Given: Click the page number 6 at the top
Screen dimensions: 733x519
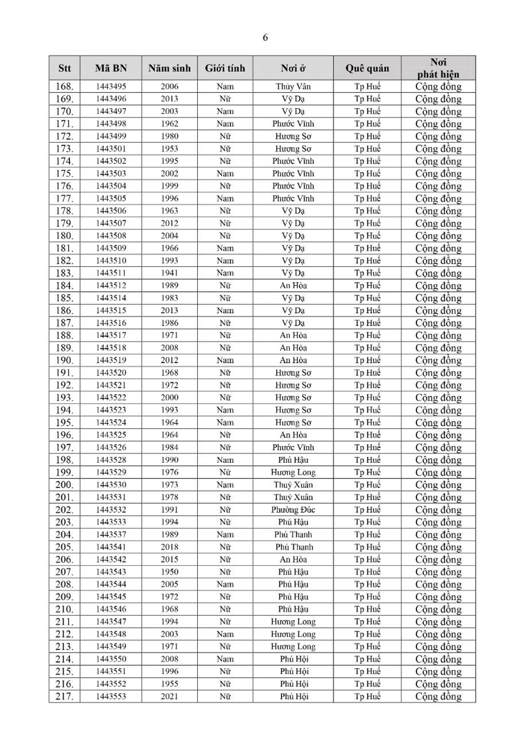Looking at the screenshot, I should click(x=265, y=37).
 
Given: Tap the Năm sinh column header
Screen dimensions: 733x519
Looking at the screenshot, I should click(x=169, y=68).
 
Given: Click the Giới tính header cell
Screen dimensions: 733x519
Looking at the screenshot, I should click(x=225, y=68).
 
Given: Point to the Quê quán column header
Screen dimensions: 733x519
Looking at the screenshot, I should click(x=367, y=68).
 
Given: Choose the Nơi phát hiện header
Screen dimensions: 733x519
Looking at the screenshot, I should click(x=438, y=68).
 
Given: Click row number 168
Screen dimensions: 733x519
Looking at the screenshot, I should click(x=64, y=87).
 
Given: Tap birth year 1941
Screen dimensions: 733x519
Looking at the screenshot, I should click(x=169, y=273).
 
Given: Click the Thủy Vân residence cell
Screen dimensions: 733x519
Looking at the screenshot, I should click(x=293, y=87).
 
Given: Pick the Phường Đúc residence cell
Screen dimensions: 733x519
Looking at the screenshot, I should click(x=293, y=510).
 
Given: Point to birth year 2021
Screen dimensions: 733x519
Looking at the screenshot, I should click(x=169, y=697).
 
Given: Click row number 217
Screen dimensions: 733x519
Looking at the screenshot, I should click(x=64, y=697).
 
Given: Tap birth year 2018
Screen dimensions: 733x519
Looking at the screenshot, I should click(x=169, y=547).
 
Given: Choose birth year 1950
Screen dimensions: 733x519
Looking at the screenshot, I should click(x=169, y=572).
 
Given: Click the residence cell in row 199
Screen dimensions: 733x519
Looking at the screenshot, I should click(x=293, y=472).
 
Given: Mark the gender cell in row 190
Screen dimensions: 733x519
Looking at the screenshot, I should click(x=225, y=360).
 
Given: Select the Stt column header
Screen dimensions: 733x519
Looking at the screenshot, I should click(x=64, y=68).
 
